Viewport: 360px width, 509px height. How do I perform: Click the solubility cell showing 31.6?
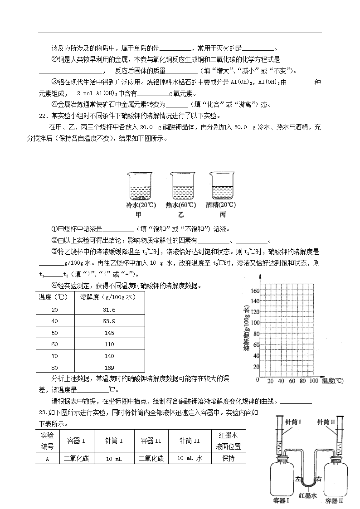point(110,310)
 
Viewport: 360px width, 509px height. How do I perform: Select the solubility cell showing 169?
point(110,367)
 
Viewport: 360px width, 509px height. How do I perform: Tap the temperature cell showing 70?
point(55,355)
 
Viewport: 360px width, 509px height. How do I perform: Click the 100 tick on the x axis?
point(313,381)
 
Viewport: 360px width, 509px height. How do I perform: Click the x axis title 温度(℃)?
point(332,381)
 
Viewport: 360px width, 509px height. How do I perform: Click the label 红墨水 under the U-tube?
point(308,495)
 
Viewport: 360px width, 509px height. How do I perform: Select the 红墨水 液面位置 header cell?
point(229,440)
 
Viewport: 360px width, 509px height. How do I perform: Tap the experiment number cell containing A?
point(47,458)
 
